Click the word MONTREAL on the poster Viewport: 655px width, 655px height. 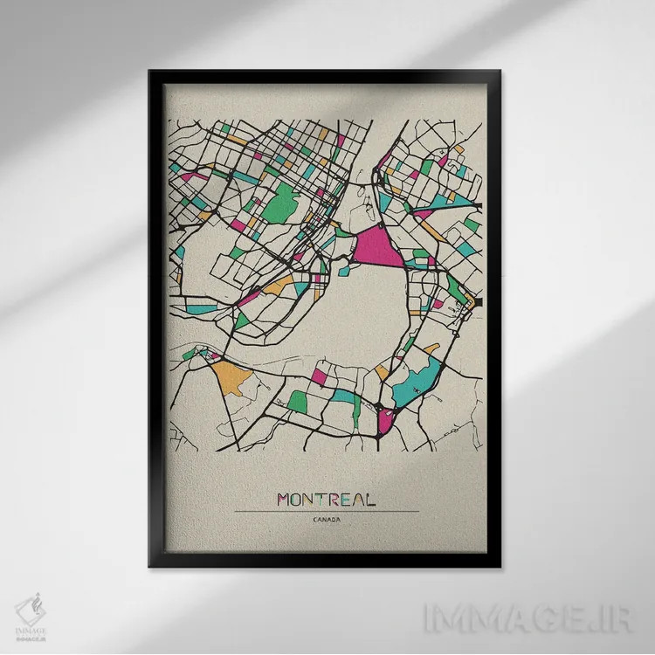click(327, 500)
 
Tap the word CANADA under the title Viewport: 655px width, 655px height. click(327, 521)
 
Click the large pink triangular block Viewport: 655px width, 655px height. click(376, 245)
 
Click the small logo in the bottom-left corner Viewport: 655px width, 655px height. click(31, 610)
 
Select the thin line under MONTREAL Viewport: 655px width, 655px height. click(327, 512)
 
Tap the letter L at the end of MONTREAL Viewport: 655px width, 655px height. click(370, 500)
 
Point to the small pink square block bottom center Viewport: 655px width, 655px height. click(320, 376)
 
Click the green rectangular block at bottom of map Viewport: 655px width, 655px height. click(299, 401)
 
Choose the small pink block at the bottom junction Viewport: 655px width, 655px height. click(385, 422)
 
